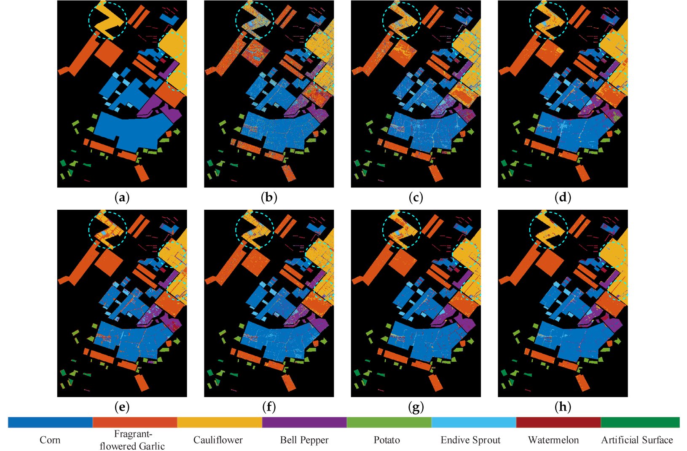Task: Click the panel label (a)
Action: [122, 197]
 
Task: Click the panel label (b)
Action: [268, 197]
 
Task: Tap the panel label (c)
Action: [416, 197]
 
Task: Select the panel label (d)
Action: [563, 197]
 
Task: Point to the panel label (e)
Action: [122, 407]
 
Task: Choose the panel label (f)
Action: [268, 407]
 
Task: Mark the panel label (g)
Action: [416, 407]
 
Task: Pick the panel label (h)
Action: [563, 407]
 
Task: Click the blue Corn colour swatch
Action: [50, 422]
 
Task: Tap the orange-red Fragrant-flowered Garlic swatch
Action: [135, 422]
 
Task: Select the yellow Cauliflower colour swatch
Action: [220, 422]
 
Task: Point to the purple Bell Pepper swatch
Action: [304, 422]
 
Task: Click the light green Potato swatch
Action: [389, 422]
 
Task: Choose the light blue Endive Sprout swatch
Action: [474, 422]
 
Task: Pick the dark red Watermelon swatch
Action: [558, 422]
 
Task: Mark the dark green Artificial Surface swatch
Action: [640, 422]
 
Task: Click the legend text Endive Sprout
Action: [470, 440]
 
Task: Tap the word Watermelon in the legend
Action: [553, 440]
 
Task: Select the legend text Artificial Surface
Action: [637, 440]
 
